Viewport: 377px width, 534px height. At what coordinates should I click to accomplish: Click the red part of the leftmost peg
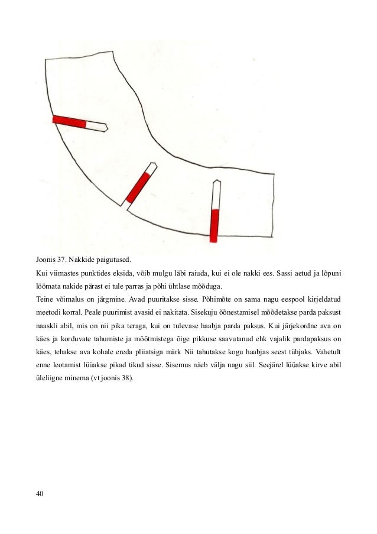coord(69,121)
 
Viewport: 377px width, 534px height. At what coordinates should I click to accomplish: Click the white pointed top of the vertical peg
coord(216,192)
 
